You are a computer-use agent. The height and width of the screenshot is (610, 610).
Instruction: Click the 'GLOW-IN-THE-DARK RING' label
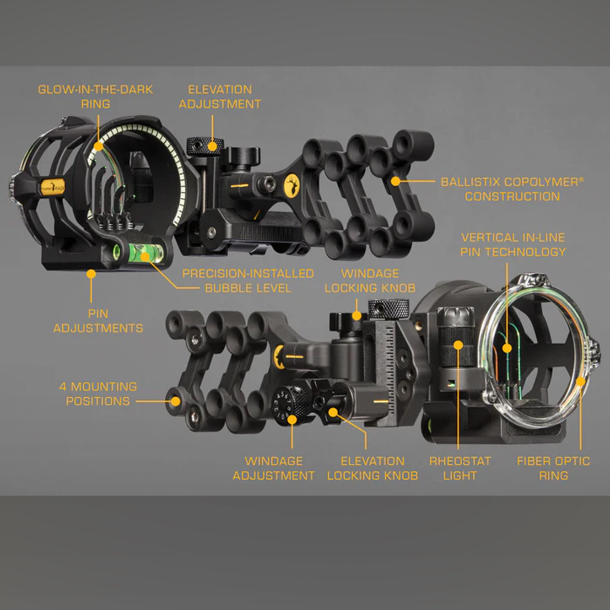pos(95,97)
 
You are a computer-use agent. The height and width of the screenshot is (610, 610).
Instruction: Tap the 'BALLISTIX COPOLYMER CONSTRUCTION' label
pos(512,189)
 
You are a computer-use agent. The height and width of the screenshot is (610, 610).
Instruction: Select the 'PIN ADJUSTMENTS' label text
pos(98,321)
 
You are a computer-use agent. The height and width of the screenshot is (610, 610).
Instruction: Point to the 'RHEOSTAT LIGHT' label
pos(460,468)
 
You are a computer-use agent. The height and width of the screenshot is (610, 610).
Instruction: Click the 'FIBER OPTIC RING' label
pos(553,468)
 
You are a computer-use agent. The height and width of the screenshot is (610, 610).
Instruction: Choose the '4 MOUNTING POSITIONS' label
pos(98,394)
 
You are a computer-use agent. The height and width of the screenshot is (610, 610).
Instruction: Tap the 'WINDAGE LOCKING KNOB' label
pos(370,281)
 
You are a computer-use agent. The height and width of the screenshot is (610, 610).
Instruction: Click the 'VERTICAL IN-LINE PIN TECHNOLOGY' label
pos(513,245)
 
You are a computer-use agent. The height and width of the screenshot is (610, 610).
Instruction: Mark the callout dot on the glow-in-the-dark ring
pos(98,146)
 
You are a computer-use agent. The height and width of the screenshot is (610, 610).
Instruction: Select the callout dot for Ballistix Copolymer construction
pos(395,181)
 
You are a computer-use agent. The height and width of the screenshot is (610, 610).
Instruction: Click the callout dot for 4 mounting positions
pos(176,401)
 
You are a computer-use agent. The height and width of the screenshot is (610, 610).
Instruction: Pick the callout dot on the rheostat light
pos(459,345)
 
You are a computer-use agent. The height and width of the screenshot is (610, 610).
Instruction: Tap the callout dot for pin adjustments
pos(91,274)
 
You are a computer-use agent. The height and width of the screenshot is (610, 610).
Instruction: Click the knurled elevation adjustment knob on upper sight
pos(205,146)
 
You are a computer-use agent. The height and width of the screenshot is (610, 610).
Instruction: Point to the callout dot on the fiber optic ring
pos(581,381)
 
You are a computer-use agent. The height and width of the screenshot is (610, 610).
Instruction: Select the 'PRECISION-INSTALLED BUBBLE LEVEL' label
pos(248,281)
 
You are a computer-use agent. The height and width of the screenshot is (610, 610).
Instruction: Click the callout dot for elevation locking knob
pos(333,412)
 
